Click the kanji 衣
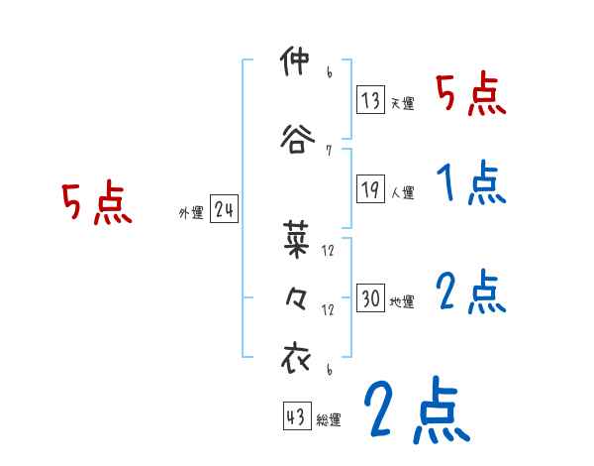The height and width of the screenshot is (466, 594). tap(296, 358)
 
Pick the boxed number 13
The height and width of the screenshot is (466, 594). tap(371, 99)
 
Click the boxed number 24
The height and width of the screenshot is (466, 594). tap(224, 209)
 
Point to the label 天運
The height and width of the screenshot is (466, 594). tap(402, 103)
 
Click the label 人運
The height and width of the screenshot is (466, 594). tap(402, 191)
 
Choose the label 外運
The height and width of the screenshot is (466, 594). tap(190, 213)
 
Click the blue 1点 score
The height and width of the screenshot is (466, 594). tap(470, 183)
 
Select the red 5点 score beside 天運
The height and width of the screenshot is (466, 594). tap(470, 95)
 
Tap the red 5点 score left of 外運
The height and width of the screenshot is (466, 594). tap(96, 203)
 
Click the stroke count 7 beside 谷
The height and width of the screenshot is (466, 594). tap(328, 151)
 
